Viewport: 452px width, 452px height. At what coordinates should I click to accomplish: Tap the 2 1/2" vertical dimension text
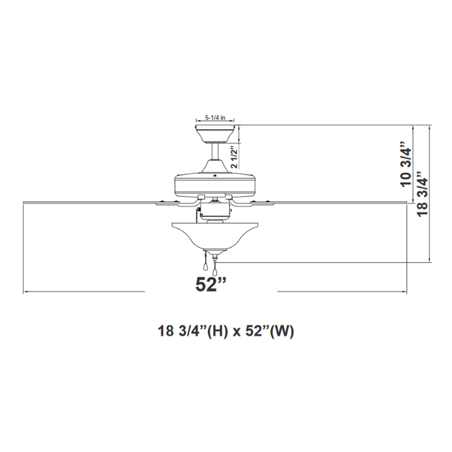pos(236,157)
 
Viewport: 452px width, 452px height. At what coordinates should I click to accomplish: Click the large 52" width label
pos(211,283)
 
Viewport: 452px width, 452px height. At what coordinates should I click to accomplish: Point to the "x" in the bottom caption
pos(237,332)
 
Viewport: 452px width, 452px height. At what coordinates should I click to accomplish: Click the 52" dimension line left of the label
pos(84,292)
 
